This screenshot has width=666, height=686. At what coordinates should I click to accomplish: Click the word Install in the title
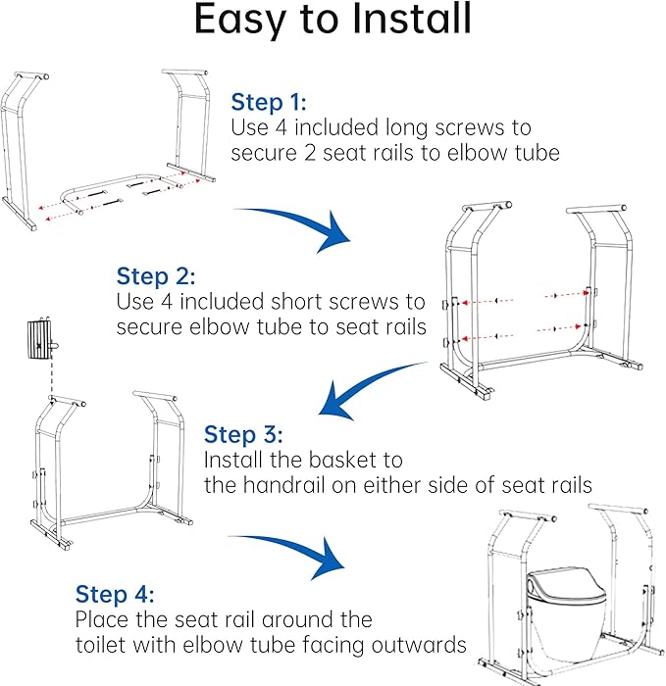[412, 19]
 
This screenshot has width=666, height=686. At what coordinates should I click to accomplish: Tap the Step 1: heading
[269, 102]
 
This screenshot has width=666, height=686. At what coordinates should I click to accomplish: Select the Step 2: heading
[155, 276]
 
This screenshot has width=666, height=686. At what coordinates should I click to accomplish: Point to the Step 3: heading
[243, 434]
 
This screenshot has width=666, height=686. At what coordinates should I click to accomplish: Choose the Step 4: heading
[115, 594]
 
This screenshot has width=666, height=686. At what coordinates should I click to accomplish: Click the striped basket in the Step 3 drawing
[40, 339]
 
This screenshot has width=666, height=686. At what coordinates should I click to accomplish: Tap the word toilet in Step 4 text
[102, 645]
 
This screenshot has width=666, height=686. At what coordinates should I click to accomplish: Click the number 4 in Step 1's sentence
[282, 127]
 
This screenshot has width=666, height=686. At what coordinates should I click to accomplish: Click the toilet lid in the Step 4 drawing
[565, 584]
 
